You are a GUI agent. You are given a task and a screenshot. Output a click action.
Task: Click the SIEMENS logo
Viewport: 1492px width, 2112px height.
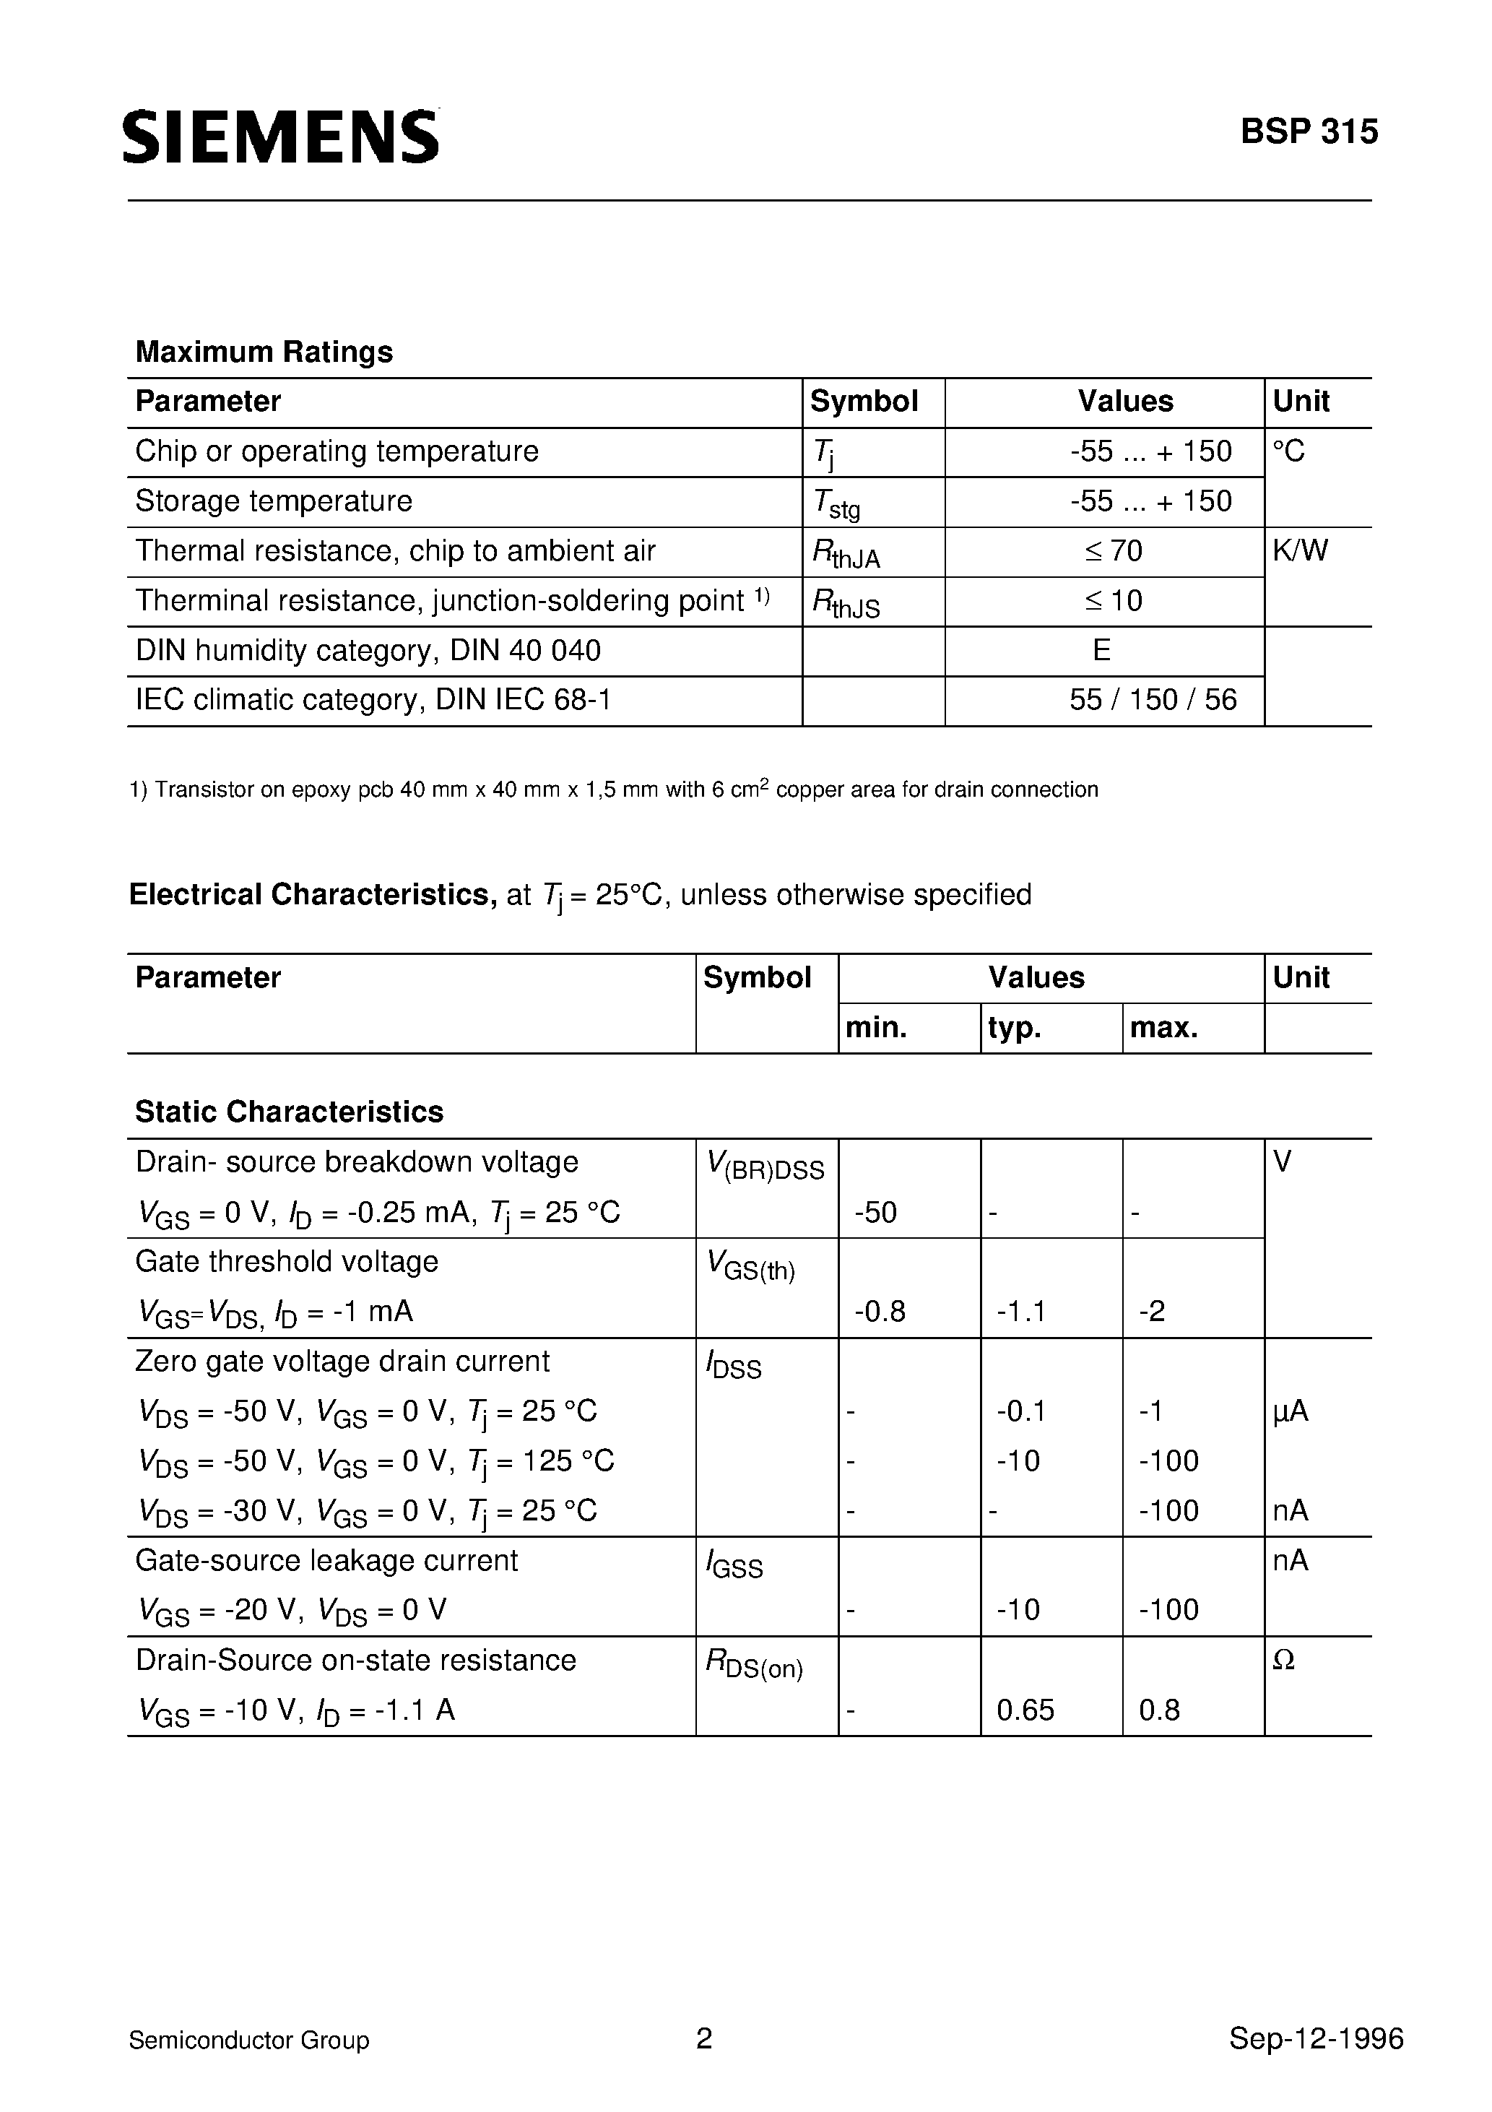(280, 137)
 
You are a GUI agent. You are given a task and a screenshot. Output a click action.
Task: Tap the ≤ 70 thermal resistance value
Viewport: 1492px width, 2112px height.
(1113, 551)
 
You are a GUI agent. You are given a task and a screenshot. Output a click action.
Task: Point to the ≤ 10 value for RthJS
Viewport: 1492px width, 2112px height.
(1113, 601)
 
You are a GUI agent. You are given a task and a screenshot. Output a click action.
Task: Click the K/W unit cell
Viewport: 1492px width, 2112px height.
(1300, 551)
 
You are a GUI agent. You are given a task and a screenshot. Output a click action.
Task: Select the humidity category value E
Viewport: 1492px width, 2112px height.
(1101, 650)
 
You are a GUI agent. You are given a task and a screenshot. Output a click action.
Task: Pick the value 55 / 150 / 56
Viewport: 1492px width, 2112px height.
(1153, 700)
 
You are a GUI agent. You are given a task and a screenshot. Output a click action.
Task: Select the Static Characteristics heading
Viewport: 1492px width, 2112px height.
(289, 1112)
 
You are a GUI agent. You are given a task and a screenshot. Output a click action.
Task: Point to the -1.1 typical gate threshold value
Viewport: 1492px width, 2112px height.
(1021, 1311)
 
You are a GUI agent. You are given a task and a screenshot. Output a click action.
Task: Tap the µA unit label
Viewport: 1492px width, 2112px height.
(1290, 1411)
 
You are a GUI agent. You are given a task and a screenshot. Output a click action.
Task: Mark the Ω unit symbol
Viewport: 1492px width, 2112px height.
(1283, 1661)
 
